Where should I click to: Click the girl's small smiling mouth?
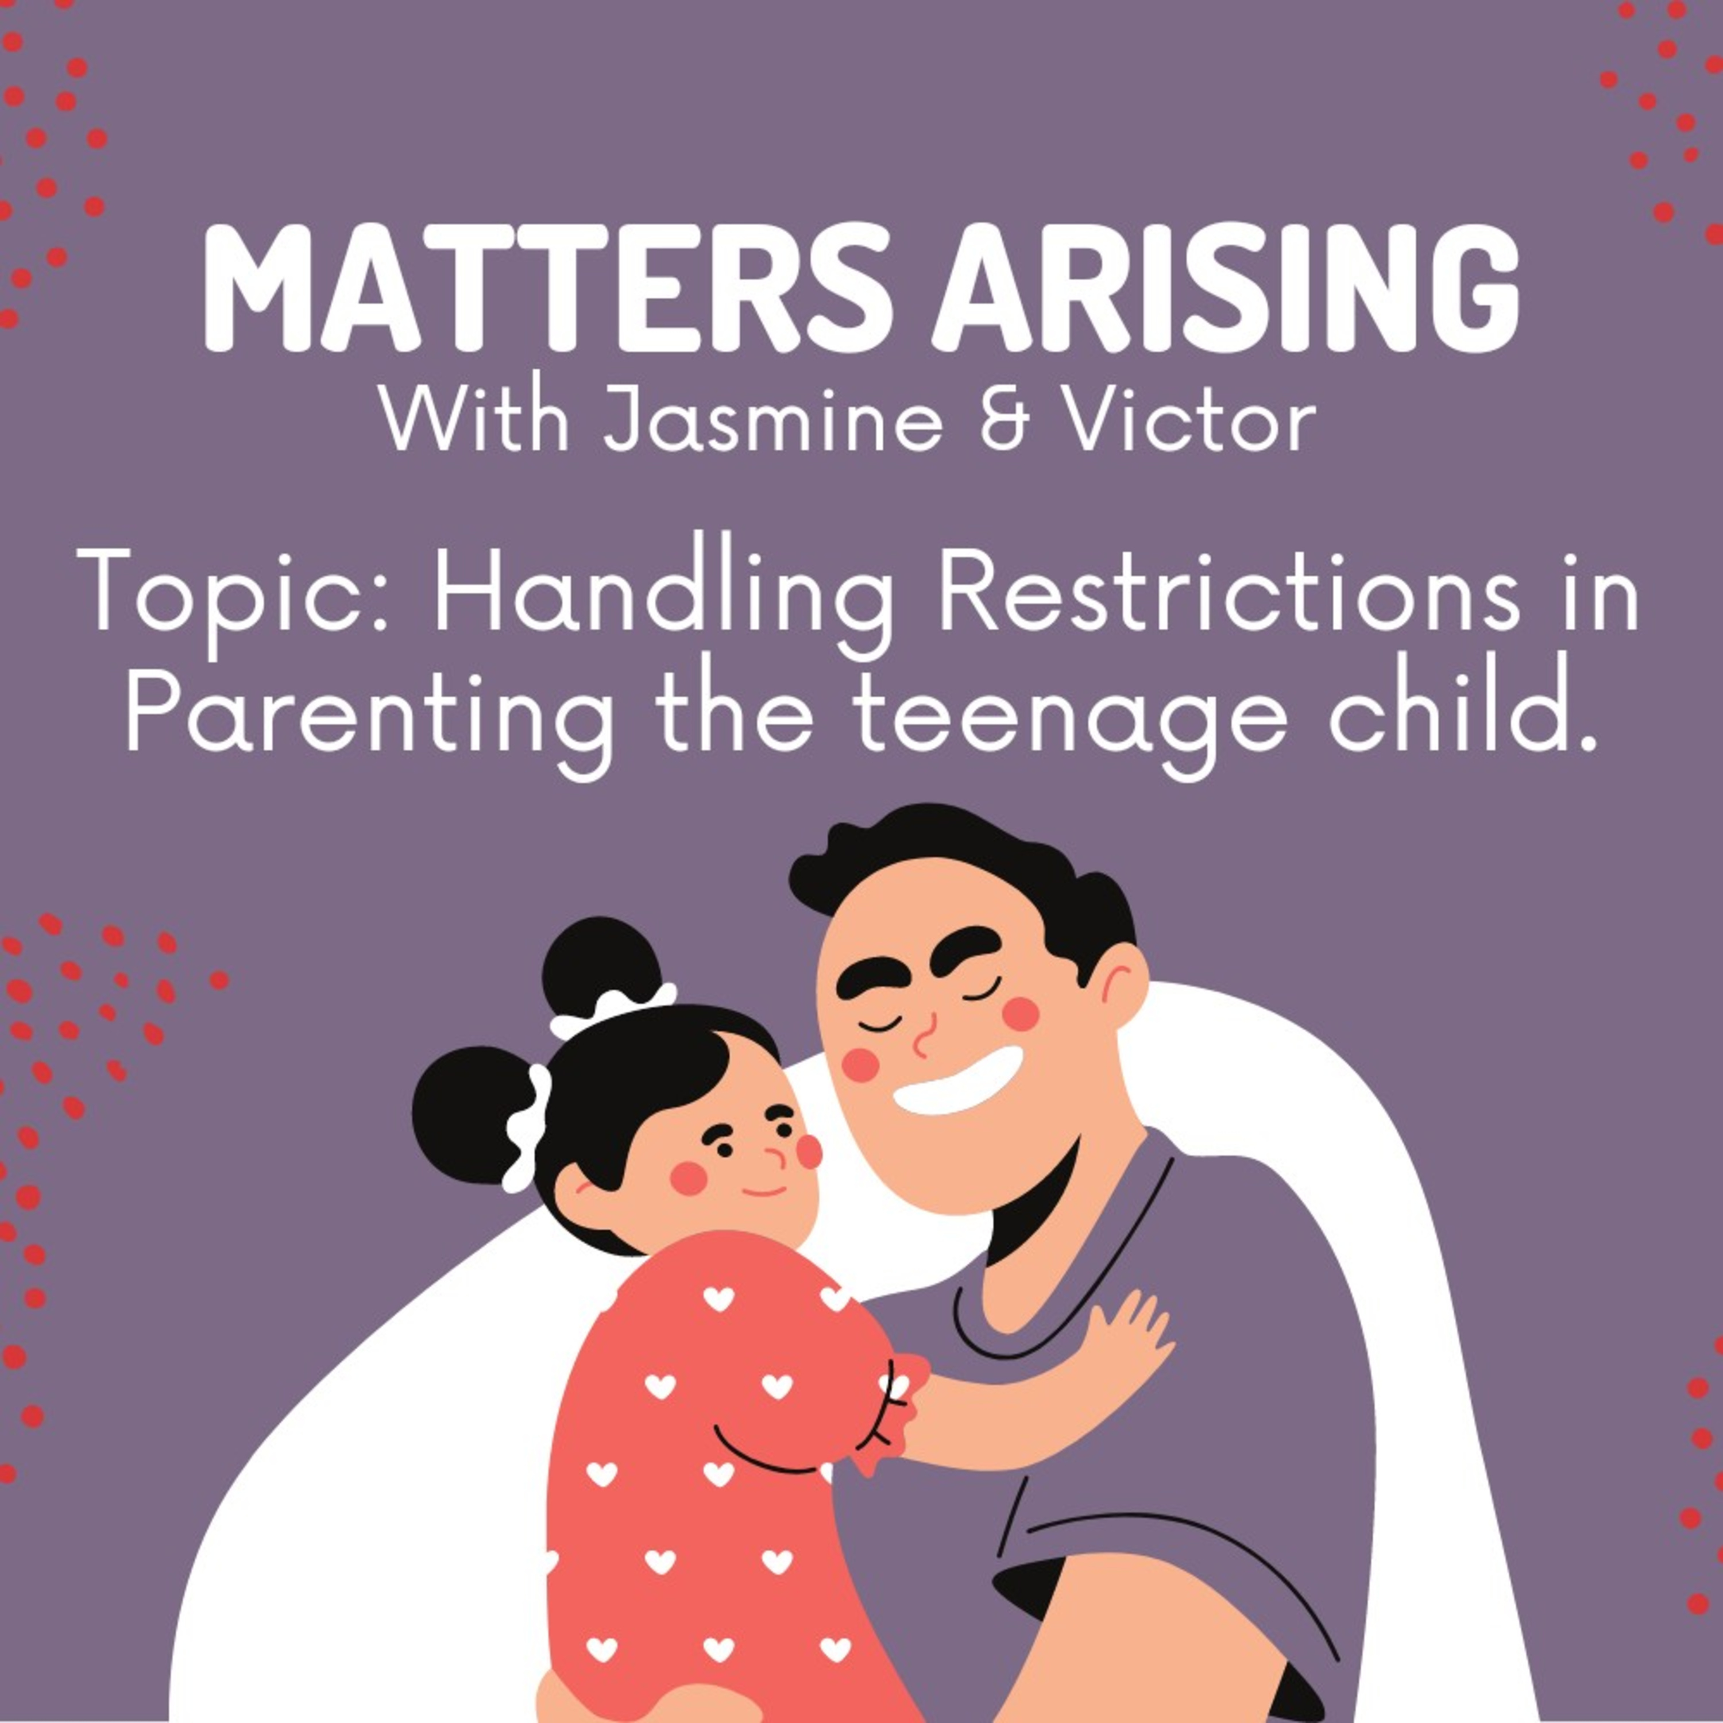pos(765,1189)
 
